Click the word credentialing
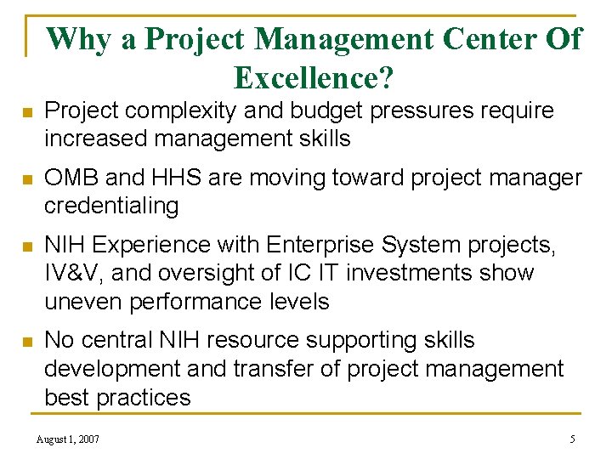coord(111,205)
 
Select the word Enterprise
coord(324,245)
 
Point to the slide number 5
coord(572,439)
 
